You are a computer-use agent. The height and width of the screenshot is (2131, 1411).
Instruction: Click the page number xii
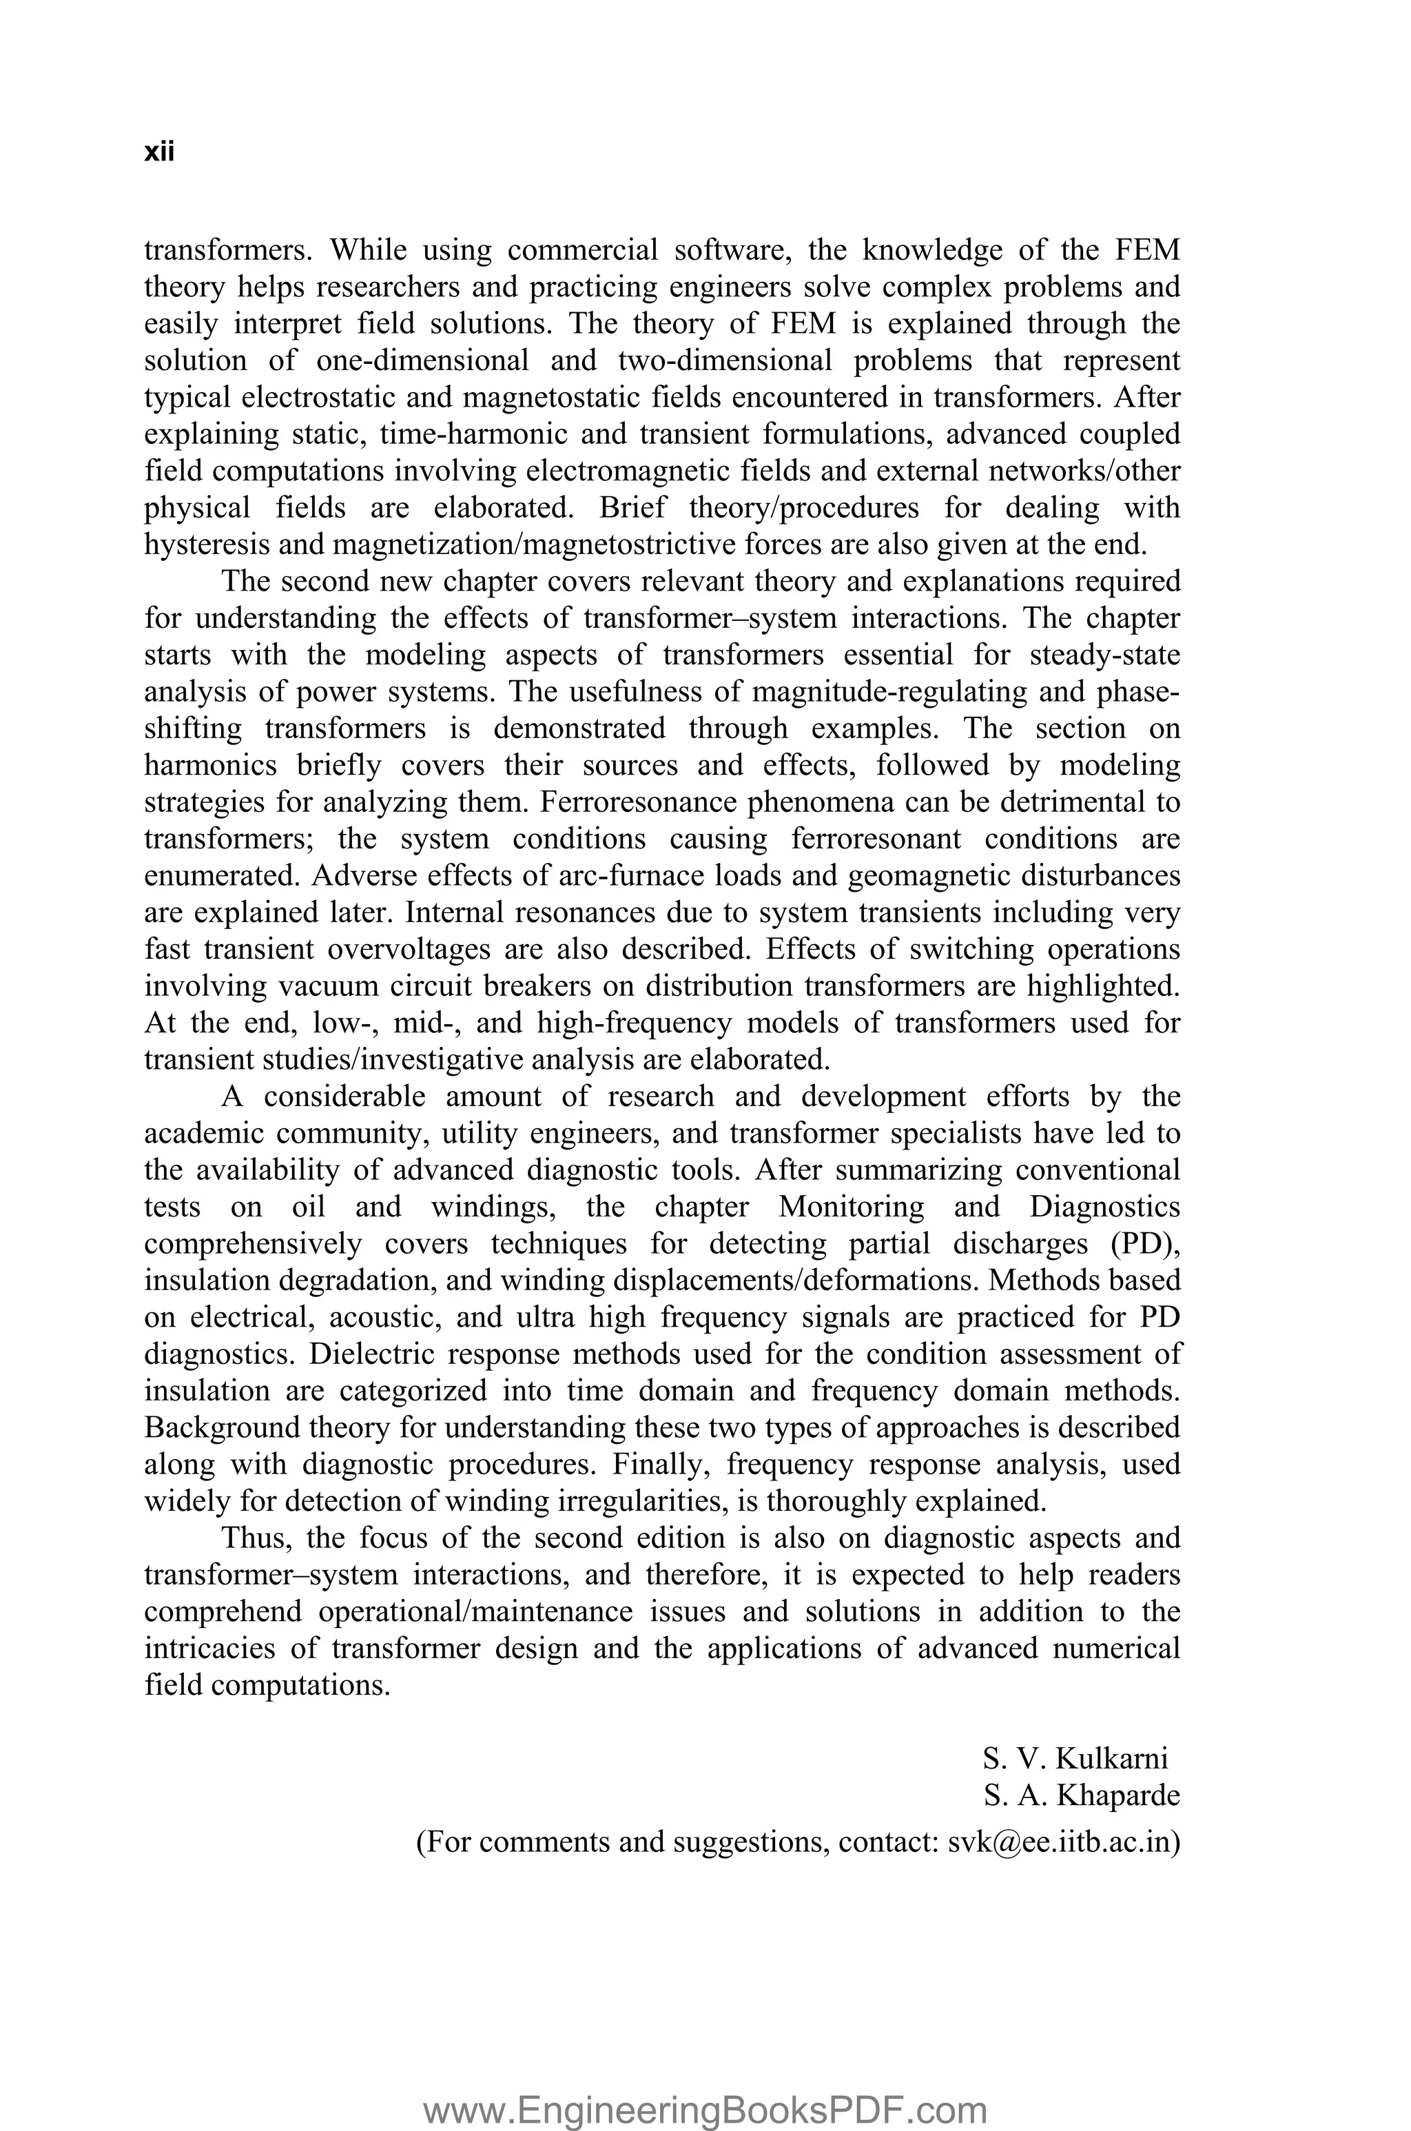[158, 152]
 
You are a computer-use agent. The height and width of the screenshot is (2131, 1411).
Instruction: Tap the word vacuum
[329, 986]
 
